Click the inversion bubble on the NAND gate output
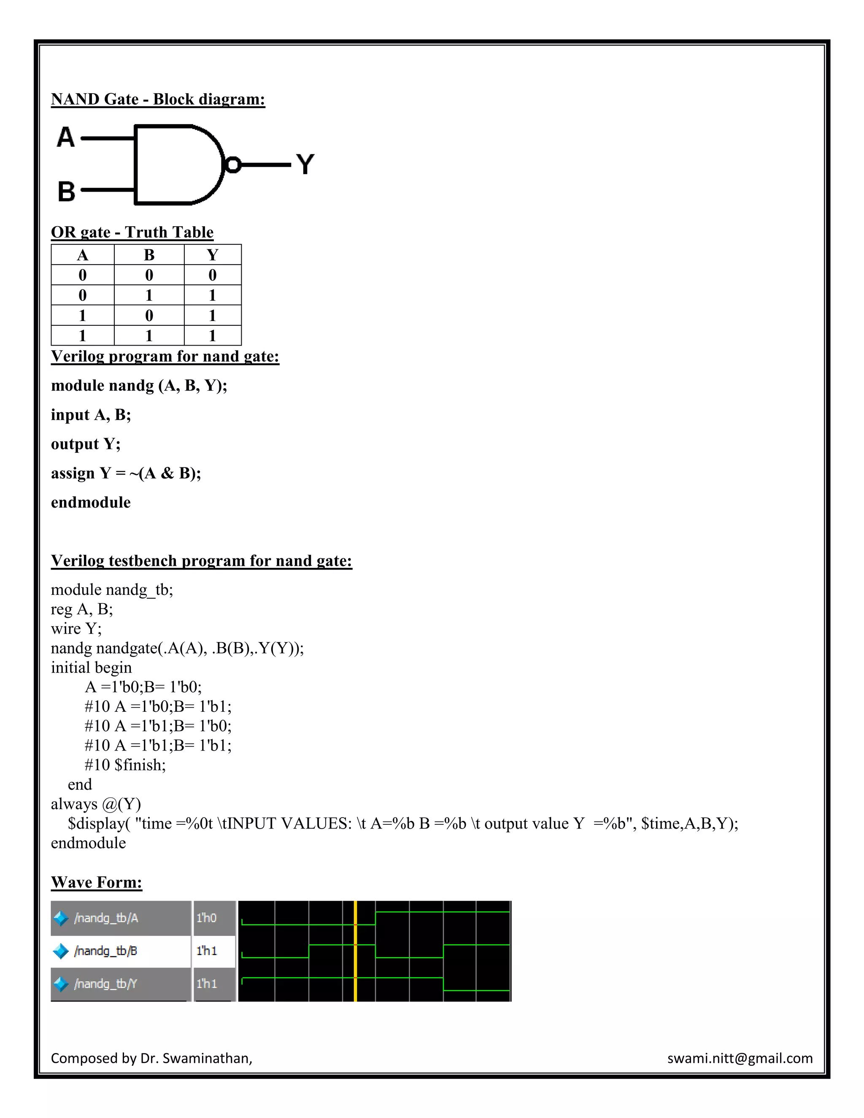pos(233,165)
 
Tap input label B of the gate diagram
pos(67,192)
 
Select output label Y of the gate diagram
pos(305,164)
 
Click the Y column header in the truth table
pos(213,255)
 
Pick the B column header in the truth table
pos(149,255)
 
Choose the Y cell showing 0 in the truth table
pos(213,275)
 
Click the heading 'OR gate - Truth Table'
pos(132,232)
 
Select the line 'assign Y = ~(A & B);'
pos(126,473)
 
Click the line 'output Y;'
pos(86,444)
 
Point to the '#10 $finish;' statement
pos(125,765)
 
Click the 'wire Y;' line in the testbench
pos(76,629)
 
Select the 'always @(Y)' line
pos(96,804)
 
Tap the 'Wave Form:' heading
pos(96,882)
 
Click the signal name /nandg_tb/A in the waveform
pos(106,918)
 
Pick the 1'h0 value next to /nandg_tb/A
pos(207,918)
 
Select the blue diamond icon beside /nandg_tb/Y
pos(61,983)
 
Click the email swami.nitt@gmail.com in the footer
pos(740,1058)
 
